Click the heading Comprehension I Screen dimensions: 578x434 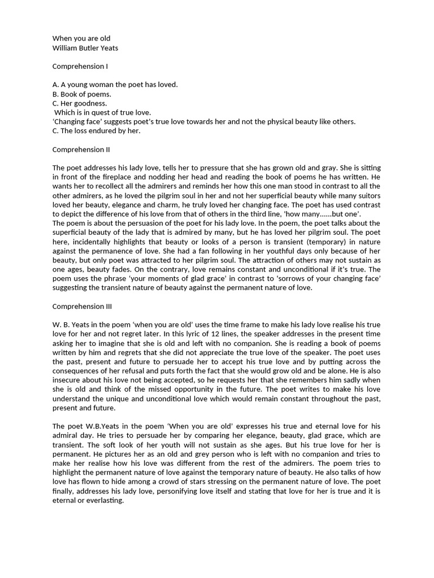(x=80, y=67)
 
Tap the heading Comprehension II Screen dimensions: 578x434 (x=81, y=150)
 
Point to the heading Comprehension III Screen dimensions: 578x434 (x=83, y=306)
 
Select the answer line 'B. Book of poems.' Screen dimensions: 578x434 (x=82, y=94)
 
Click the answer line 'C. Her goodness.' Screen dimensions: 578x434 (x=80, y=103)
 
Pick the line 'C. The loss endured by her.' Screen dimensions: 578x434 (x=96, y=131)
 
